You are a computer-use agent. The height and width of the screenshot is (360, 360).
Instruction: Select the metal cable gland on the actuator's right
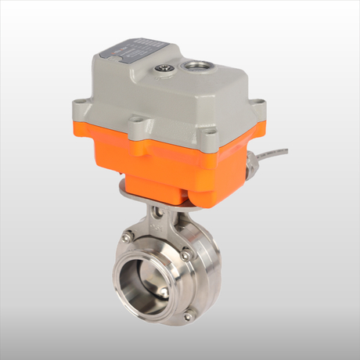point(251,165)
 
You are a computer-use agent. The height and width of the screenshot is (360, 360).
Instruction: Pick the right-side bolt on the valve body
point(185,255)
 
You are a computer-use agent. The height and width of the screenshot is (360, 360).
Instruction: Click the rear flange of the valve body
point(207,274)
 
